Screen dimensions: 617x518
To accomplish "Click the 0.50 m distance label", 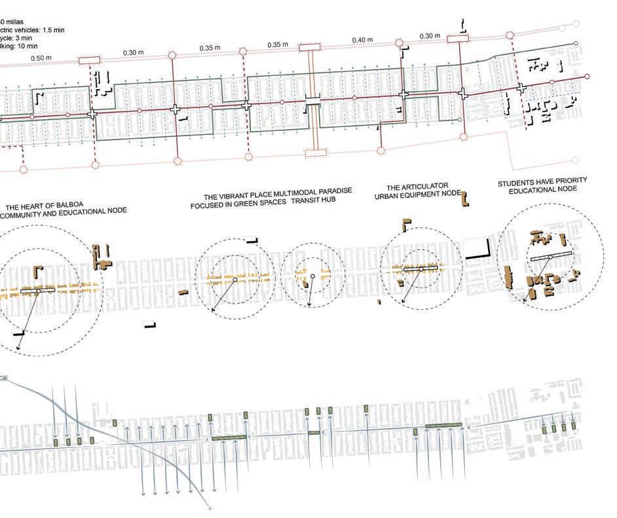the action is pos(41,59).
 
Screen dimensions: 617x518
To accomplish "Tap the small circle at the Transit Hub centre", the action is pos(312,277).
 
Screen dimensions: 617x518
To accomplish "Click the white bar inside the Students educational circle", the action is pos(549,258).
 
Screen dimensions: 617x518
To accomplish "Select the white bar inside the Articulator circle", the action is pos(420,269).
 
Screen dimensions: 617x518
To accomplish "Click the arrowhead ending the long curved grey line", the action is pos(209,506).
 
